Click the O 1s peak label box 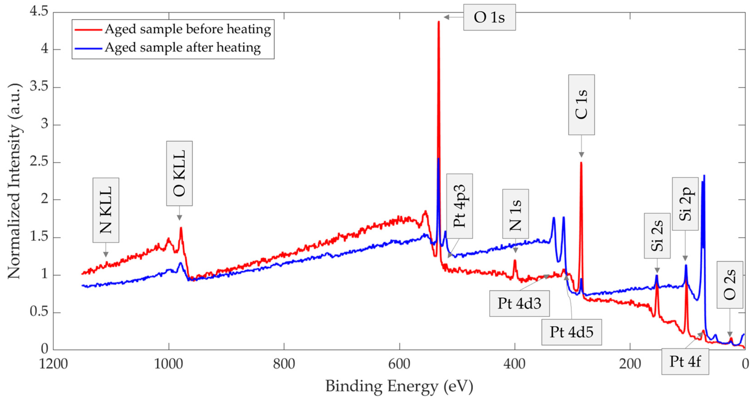(489, 17)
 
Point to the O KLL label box (179, 173)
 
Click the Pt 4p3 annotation (459, 206)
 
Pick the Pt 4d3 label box (520, 303)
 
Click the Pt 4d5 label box (571, 332)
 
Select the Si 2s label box (657, 235)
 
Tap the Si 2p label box (685, 204)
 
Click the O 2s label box (729, 285)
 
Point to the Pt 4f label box (685, 362)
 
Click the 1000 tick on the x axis (169, 364)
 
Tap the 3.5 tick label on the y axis (39, 87)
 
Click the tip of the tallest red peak (438, 21)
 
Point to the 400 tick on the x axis (515, 364)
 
